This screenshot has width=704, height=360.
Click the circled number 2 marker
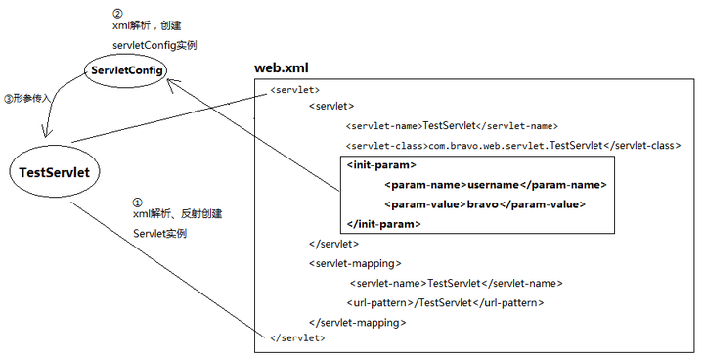(117, 13)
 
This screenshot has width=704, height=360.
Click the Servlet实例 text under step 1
(159, 234)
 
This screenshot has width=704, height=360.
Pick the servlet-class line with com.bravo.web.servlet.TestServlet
(512, 145)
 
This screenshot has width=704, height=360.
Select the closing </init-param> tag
(383, 224)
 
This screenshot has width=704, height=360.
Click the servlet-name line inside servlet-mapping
(456, 283)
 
